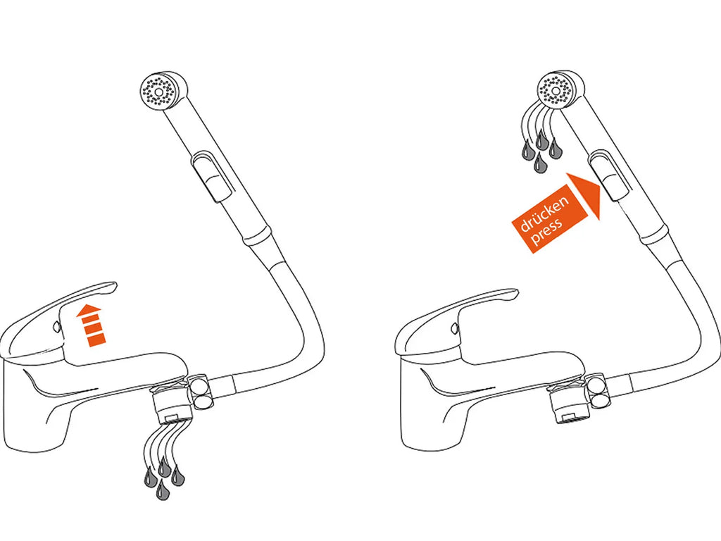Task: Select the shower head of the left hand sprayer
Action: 163,91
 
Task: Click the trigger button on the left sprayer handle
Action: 213,177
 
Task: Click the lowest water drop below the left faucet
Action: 161,490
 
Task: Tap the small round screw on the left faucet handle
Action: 56,327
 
